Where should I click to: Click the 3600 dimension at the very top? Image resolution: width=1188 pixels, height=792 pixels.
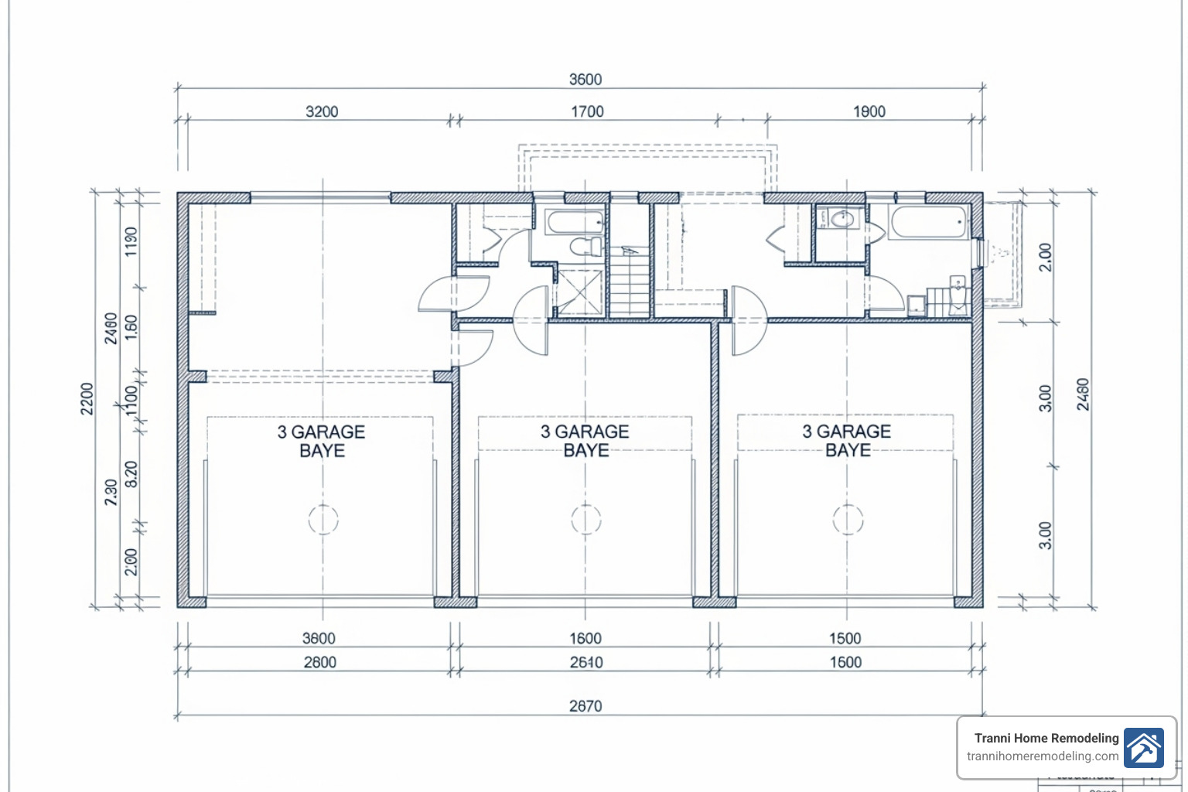tap(585, 80)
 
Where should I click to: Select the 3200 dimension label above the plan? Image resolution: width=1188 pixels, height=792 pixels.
tap(322, 111)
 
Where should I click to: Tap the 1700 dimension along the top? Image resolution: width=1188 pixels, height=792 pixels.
tap(587, 111)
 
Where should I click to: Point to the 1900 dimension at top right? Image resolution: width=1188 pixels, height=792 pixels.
tap(869, 111)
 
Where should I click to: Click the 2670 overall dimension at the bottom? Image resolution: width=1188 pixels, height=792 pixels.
tap(585, 705)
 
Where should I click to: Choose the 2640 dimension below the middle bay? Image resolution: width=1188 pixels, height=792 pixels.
tap(585, 662)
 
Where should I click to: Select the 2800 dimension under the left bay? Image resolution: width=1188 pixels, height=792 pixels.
tap(319, 662)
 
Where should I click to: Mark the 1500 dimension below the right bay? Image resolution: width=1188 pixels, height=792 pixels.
tap(845, 638)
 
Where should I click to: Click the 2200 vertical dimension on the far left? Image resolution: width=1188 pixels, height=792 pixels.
tap(87, 398)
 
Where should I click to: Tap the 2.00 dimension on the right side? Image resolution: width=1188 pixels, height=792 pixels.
tap(1045, 257)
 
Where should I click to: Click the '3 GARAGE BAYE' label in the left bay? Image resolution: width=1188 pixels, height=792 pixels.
tap(322, 441)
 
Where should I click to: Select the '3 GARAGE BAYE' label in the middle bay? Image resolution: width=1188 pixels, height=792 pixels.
tap(585, 441)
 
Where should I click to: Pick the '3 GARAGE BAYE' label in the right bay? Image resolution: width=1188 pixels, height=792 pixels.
tap(847, 441)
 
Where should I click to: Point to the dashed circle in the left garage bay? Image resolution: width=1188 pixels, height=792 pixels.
tap(323, 519)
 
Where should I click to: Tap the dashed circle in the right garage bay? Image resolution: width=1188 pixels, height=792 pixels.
tap(848, 519)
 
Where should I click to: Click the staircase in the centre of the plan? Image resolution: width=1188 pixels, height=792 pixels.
tap(630, 282)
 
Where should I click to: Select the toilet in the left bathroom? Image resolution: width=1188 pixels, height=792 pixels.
tap(586, 246)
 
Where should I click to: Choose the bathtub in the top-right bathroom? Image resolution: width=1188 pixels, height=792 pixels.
tap(928, 224)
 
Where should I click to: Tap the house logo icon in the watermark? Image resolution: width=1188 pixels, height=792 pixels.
tap(1143, 747)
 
